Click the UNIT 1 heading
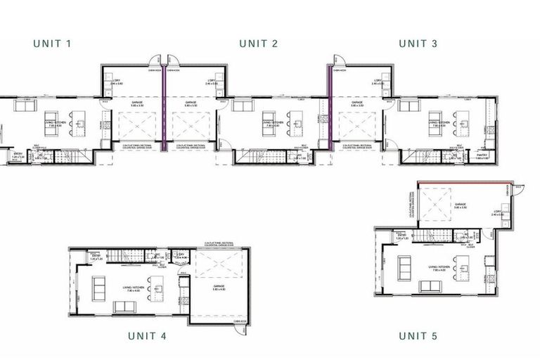52,44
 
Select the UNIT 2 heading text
258,44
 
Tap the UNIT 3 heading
418,44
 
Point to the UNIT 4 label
147,336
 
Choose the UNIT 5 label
418,336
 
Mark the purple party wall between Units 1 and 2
164,105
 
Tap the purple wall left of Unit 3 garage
328,105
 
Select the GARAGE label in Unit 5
461,205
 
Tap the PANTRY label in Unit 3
482,155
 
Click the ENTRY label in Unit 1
19,153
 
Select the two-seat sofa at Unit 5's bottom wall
431,285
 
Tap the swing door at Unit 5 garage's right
520,187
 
